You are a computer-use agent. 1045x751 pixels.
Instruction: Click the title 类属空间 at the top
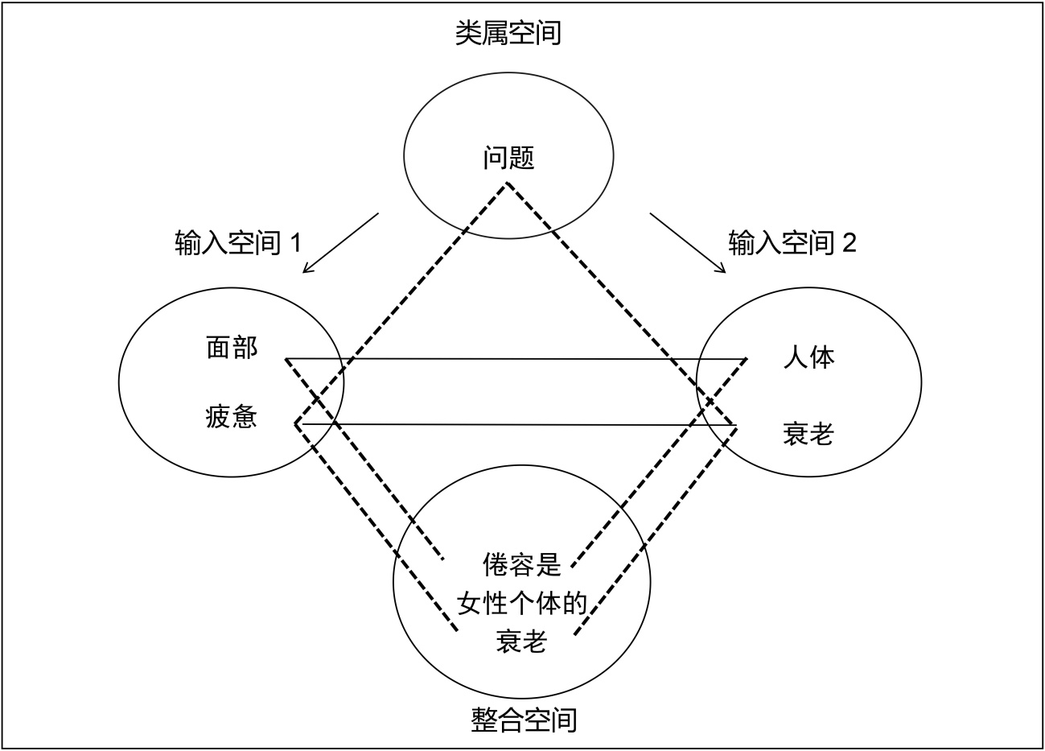pyautogui.click(x=508, y=33)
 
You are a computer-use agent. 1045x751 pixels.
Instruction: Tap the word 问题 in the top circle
pyautogui.click(x=508, y=157)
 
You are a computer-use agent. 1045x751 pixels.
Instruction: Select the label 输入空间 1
pyautogui.click(x=238, y=242)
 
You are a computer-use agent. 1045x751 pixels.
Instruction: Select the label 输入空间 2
pyautogui.click(x=792, y=242)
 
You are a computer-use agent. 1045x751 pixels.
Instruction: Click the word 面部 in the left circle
pyautogui.click(x=232, y=349)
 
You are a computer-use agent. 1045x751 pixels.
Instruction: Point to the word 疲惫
pyautogui.click(x=232, y=417)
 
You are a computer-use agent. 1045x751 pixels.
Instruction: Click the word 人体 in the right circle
pyautogui.click(x=808, y=357)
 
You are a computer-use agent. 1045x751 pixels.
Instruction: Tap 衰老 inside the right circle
pyautogui.click(x=808, y=434)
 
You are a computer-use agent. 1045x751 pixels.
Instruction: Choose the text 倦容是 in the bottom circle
pyautogui.click(x=521, y=565)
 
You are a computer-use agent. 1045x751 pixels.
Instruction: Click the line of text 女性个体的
pyautogui.click(x=522, y=604)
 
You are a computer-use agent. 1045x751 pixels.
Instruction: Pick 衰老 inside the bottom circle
pyautogui.click(x=521, y=642)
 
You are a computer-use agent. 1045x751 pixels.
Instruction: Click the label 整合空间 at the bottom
pyautogui.click(x=524, y=719)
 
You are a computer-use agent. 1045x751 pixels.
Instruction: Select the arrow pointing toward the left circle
pyautogui.click(x=340, y=243)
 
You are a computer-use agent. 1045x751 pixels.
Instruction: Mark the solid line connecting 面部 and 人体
pyautogui.click(x=515, y=359)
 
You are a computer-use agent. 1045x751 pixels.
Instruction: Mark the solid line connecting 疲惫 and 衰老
pyautogui.click(x=515, y=424)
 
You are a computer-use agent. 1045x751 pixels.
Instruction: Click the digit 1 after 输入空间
pyautogui.click(x=294, y=243)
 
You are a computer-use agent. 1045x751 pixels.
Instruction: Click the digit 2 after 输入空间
pyautogui.click(x=849, y=243)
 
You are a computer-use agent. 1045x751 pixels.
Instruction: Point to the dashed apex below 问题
pyautogui.click(x=507, y=186)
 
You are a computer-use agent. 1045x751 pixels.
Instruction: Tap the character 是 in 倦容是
pyautogui.click(x=549, y=565)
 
